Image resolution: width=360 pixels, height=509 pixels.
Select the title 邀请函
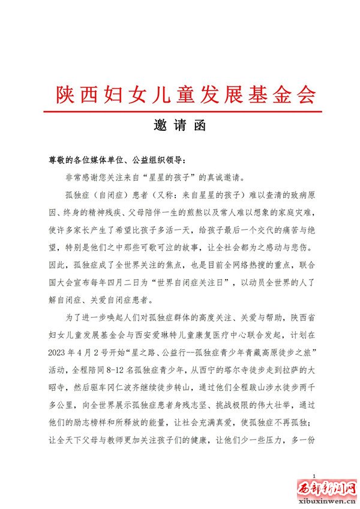[x=179, y=127]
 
